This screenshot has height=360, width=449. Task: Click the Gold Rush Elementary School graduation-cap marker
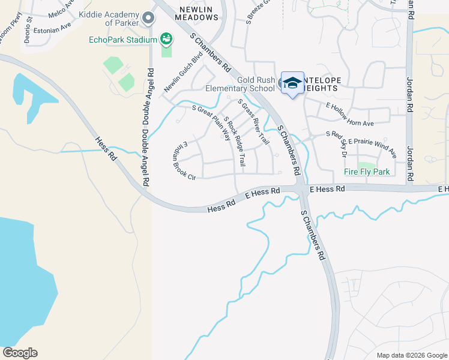(292, 83)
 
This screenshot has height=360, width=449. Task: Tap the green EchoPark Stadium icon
(167, 40)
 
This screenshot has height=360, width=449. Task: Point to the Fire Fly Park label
(367, 172)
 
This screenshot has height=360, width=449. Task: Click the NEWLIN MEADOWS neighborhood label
(196, 13)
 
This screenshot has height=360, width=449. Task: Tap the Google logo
(20, 353)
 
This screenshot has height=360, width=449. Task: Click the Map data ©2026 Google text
(411, 354)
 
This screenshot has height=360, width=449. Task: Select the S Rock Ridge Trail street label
(235, 144)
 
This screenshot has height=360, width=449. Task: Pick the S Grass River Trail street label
(252, 122)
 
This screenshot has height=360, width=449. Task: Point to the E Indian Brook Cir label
(184, 160)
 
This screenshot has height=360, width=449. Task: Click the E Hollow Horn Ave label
(350, 115)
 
